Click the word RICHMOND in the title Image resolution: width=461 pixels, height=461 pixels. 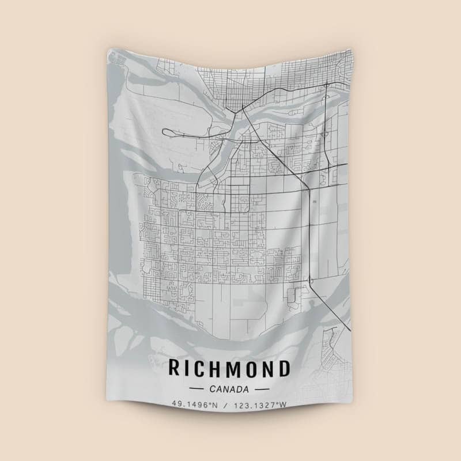tap(229, 368)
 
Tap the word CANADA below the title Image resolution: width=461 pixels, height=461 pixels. tap(229, 389)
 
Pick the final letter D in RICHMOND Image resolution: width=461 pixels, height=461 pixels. tap(283, 368)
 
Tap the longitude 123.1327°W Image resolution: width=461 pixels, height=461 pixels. tap(260, 405)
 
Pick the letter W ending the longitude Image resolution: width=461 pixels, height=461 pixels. tap(283, 405)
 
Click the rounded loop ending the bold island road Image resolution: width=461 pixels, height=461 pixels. tap(167, 133)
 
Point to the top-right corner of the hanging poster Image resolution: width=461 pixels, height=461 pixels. tap(351, 50)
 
